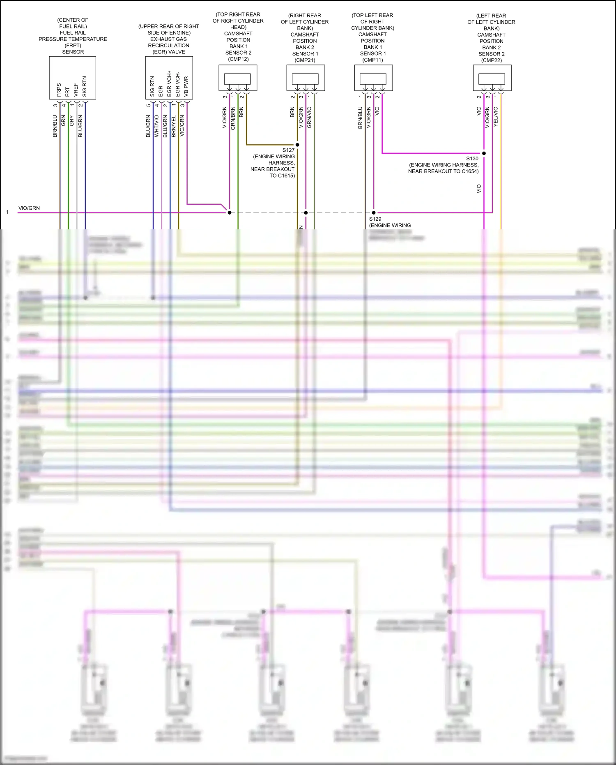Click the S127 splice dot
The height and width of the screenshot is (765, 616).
point(297,145)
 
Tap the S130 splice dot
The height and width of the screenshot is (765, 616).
point(484,153)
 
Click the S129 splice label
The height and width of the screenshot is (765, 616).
point(375,219)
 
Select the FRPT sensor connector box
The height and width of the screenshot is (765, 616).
point(73,78)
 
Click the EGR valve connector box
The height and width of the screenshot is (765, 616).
point(169,78)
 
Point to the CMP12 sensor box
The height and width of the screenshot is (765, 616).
point(238,78)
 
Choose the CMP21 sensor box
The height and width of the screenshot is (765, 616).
point(306,78)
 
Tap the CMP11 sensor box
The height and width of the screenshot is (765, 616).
point(373,78)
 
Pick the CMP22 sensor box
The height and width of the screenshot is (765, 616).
point(492,78)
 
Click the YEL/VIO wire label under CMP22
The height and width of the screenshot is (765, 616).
point(496,116)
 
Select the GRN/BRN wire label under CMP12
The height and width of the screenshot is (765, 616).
point(233,118)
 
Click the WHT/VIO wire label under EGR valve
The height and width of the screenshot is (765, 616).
point(156,126)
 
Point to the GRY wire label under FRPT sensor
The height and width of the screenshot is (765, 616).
point(72,121)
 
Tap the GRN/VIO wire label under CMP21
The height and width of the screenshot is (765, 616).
point(309,117)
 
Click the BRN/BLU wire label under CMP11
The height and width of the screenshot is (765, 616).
point(360,118)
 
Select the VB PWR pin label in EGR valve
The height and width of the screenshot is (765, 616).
point(186,86)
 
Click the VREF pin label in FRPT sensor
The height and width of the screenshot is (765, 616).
point(76,90)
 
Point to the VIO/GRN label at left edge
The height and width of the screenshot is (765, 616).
point(29,208)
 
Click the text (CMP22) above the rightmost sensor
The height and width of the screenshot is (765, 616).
point(491,60)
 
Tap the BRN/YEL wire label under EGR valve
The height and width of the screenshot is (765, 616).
point(174,126)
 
